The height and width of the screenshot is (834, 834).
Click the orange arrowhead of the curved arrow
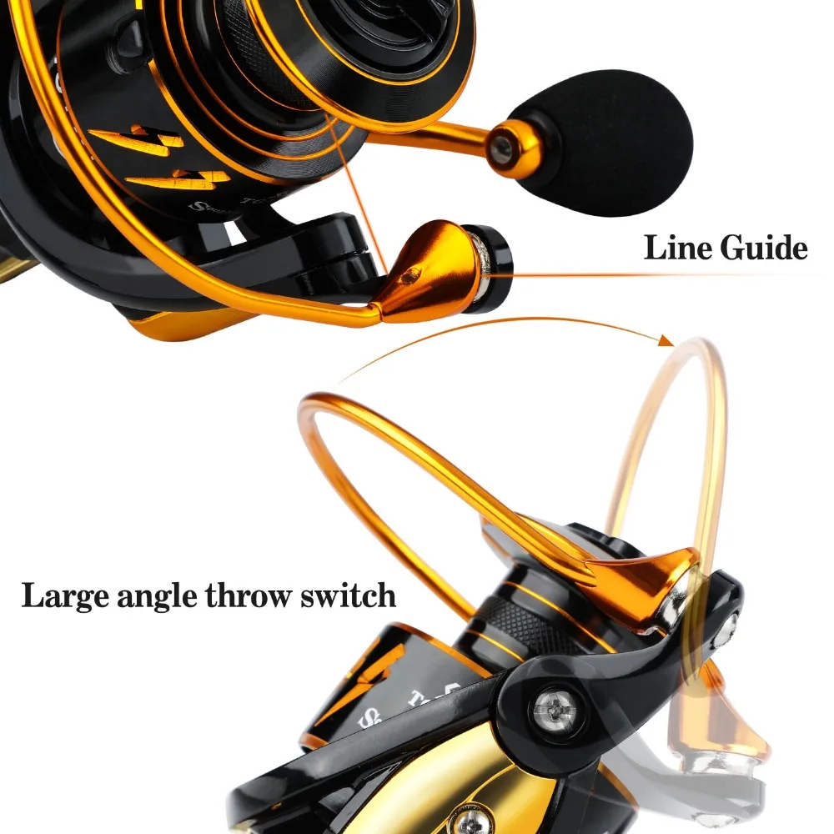(x=665, y=340)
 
